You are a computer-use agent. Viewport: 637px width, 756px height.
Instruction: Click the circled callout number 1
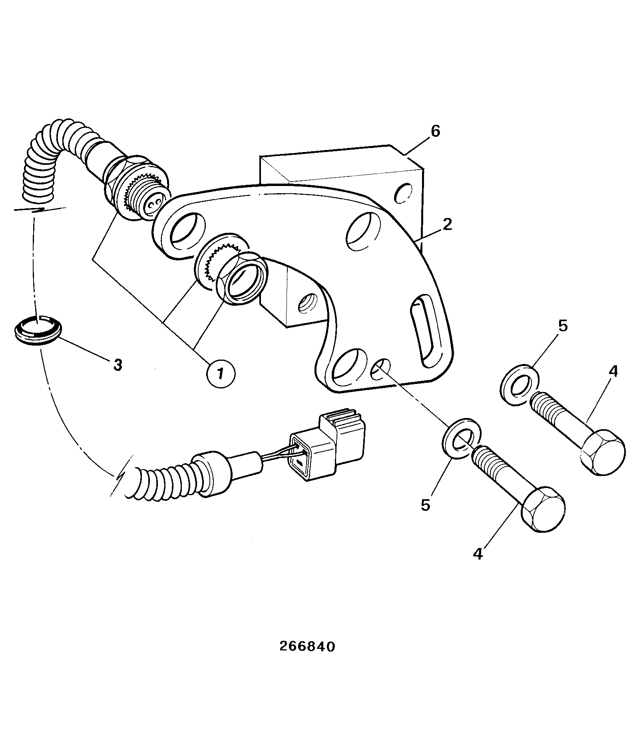pyautogui.click(x=221, y=373)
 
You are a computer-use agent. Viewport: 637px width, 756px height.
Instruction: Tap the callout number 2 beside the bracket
pyautogui.click(x=447, y=224)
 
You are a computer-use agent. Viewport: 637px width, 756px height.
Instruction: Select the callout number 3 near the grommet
pyautogui.click(x=117, y=365)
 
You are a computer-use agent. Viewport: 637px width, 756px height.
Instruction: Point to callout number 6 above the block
pyautogui.click(x=435, y=131)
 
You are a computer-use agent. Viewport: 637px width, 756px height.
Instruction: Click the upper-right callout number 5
pyautogui.click(x=562, y=326)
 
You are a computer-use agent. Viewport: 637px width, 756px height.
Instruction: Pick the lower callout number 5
pyautogui.click(x=426, y=505)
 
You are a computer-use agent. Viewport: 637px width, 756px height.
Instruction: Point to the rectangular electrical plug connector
pyautogui.click(x=328, y=445)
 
